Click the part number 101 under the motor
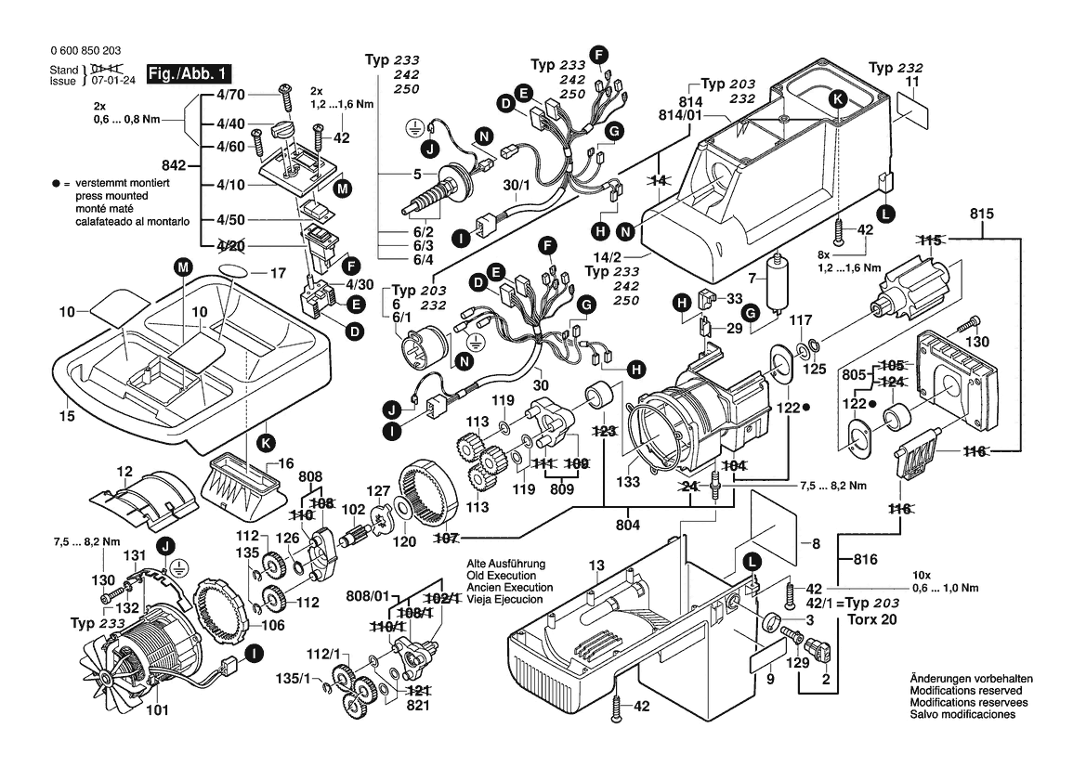(x=157, y=713)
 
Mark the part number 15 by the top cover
(x=66, y=417)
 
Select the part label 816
(x=867, y=560)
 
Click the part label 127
(x=378, y=491)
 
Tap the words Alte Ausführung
(x=505, y=564)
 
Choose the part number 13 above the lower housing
(x=595, y=565)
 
